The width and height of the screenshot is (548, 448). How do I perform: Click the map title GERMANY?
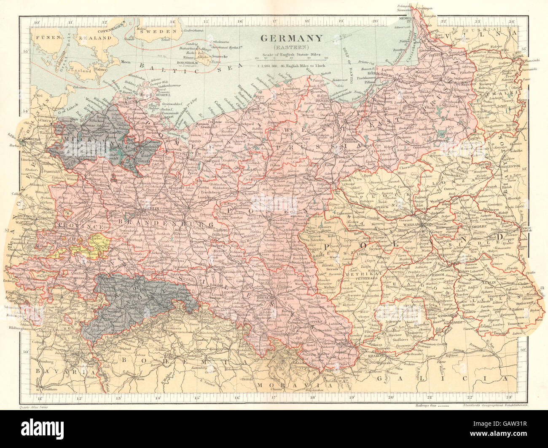pos(291,37)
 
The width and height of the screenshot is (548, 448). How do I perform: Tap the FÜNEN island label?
pos(46,37)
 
